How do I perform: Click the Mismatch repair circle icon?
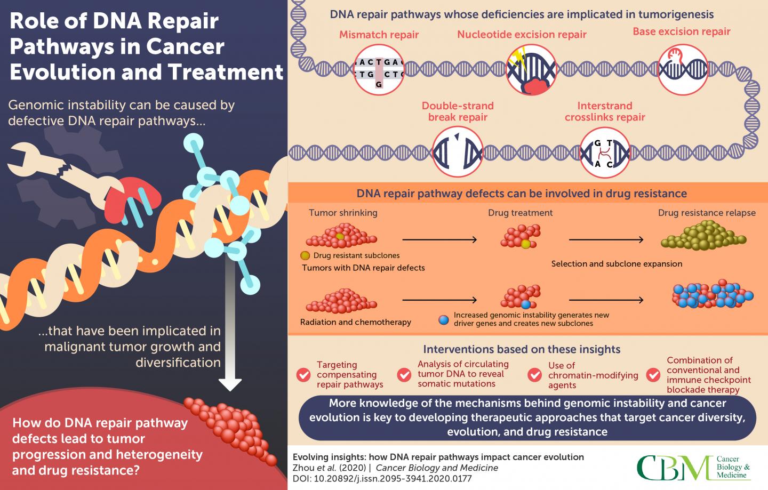pos(379,69)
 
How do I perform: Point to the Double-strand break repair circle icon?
pos(458,152)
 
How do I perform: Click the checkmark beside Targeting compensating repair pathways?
pos(303,374)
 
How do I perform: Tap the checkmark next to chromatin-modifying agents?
pos(534,374)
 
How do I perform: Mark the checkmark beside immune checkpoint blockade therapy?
pos(653,374)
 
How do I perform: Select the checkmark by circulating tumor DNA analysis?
pos(404,374)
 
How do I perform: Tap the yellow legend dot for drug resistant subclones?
pos(306,255)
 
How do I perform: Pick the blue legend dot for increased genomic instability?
pos(443,319)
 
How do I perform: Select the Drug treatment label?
pos(520,213)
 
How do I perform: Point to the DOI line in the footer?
pos(382,478)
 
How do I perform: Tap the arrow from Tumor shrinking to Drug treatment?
pos(439,240)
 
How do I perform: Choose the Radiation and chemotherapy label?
pos(355,322)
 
